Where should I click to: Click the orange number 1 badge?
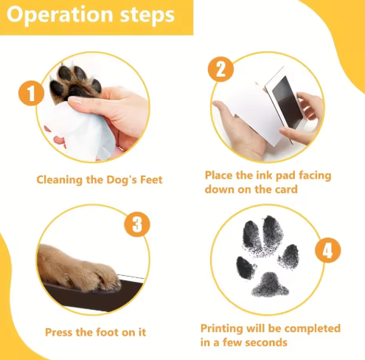pos(31,94)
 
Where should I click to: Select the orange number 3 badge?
pos(137,224)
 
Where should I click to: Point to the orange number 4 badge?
pos(328,251)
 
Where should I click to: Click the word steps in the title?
pos(145,15)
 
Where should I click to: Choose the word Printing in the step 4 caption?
pos(224,328)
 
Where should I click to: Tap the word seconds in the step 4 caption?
pos(264,342)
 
